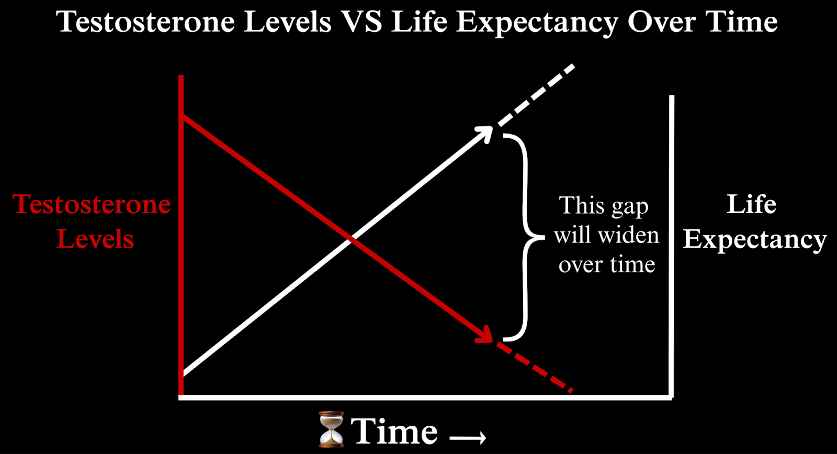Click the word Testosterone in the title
(x=145, y=21)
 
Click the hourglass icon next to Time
(x=331, y=429)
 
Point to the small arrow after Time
(x=468, y=438)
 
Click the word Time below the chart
(x=394, y=431)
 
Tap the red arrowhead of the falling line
(x=485, y=334)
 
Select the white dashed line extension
(x=536, y=96)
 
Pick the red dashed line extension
(x=535, y=367)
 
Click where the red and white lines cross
(x=351, y=240)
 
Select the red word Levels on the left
(x=95, y=239)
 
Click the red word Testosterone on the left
(x=92, y=204)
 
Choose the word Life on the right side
(x=751, y=204)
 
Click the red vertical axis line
(x=181, y=235)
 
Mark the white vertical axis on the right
(x=672, y=247)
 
